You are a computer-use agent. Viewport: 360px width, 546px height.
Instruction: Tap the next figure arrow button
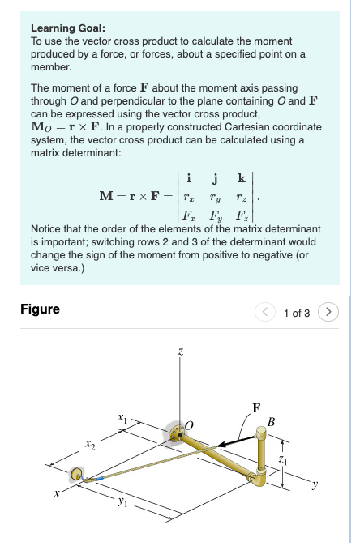[327, 311]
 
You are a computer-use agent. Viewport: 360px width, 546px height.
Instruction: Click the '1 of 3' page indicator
[297, 312]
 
